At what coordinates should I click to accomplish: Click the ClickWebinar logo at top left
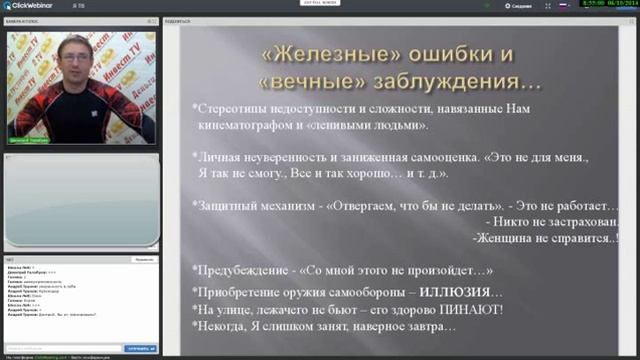[30, 6]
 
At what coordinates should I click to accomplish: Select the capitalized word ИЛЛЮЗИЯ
[456, 291]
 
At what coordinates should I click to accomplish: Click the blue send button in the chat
[139, 348]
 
